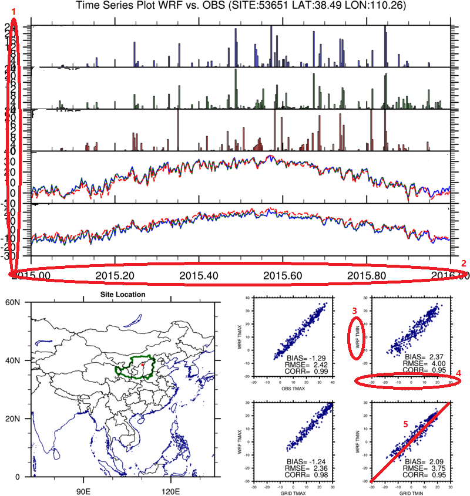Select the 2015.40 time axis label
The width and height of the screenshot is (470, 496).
click(x=200, y=275)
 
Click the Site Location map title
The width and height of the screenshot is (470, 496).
click(x=120, y=295)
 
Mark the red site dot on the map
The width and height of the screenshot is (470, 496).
click(x=142, y=365)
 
